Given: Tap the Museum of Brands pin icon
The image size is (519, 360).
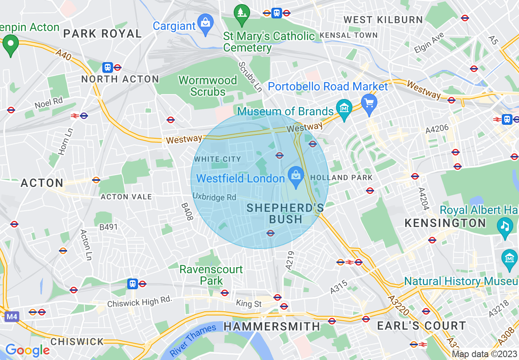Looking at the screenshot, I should pos(344,108).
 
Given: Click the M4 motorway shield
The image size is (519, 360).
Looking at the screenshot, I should pos(12,316).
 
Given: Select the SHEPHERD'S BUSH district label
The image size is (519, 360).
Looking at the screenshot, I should pos(285,214).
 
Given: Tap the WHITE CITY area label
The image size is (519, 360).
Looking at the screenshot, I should pos(217,159).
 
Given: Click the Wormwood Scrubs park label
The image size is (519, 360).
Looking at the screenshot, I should pos(208,86).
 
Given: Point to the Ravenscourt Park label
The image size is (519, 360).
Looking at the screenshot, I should pos(211,275).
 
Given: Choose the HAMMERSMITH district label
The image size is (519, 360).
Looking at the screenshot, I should pos(272,326).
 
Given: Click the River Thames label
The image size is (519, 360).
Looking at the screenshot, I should pos(193,339).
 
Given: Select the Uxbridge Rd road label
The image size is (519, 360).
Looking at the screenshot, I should pos(214,197).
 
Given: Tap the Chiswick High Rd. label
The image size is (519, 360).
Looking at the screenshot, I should pos(139,302).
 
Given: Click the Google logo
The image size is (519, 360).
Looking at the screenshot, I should pos(27,350).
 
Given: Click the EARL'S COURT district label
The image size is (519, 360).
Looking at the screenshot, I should pos(421,326).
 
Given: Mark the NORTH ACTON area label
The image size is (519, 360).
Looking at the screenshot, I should pos(120,79).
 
